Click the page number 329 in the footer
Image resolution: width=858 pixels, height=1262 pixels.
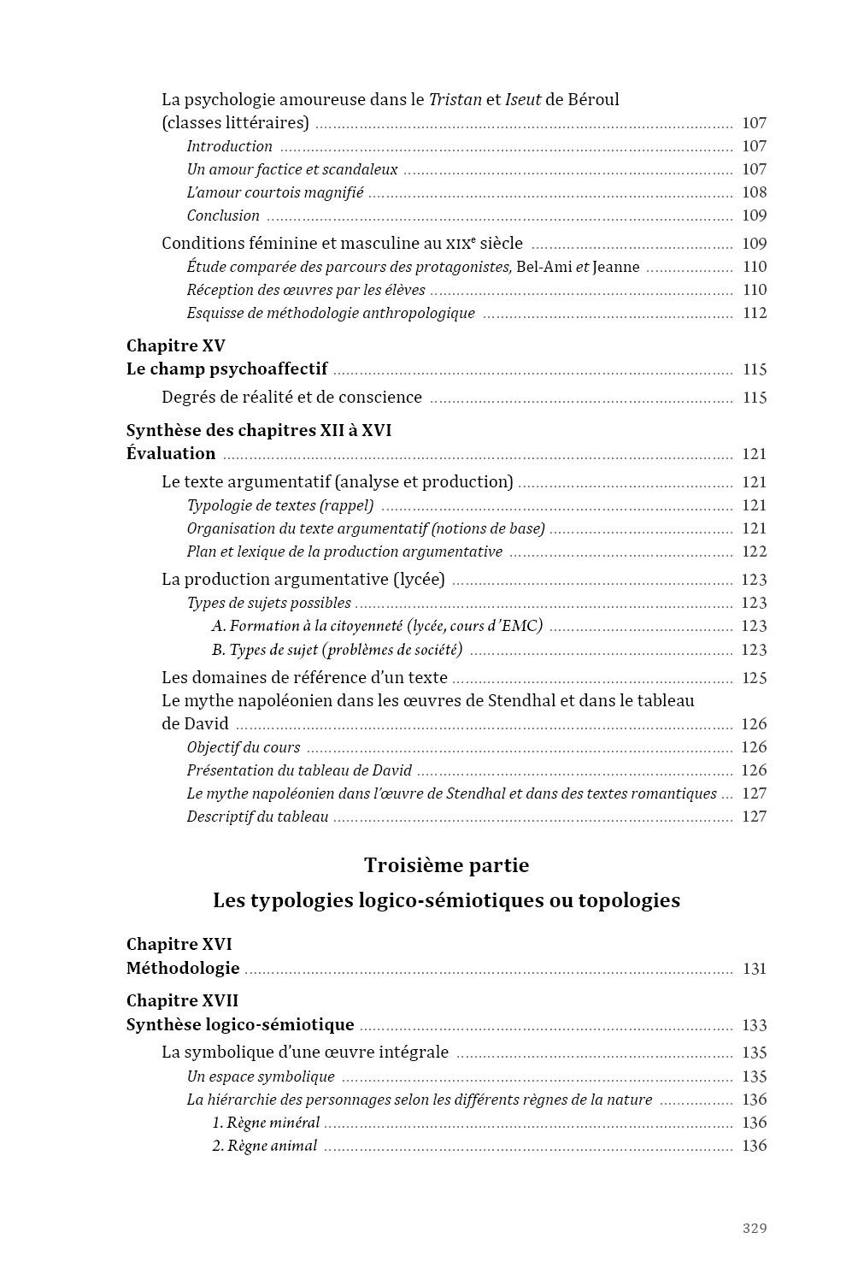[754, 1228]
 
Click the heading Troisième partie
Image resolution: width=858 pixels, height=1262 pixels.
[446, 865]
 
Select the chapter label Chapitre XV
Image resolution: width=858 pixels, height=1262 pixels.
[175, 345]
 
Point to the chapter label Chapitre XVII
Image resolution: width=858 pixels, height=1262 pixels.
[182, 1000]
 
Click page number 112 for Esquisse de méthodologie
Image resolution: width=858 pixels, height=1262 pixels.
[754, 313]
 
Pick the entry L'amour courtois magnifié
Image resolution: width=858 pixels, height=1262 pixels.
[275, 192]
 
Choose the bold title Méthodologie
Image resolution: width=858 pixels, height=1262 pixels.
[183, 969]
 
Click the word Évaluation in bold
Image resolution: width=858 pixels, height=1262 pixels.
[171, 453]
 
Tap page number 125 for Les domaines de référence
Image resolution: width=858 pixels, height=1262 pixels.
[754, 678]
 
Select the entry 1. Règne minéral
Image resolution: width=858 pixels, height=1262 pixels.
[266, 1123]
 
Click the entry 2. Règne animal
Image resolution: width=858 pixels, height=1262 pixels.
[264, 1146]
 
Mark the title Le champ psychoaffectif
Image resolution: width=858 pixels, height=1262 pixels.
[226, 369]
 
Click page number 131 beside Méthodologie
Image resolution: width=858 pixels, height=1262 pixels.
[754, 969]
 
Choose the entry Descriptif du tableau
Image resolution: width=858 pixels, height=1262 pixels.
[257, 817]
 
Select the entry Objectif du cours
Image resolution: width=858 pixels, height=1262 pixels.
[244, 747]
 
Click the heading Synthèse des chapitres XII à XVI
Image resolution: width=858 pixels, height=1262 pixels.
[259, 430]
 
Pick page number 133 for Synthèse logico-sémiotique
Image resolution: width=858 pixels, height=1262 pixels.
[754, 1025]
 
